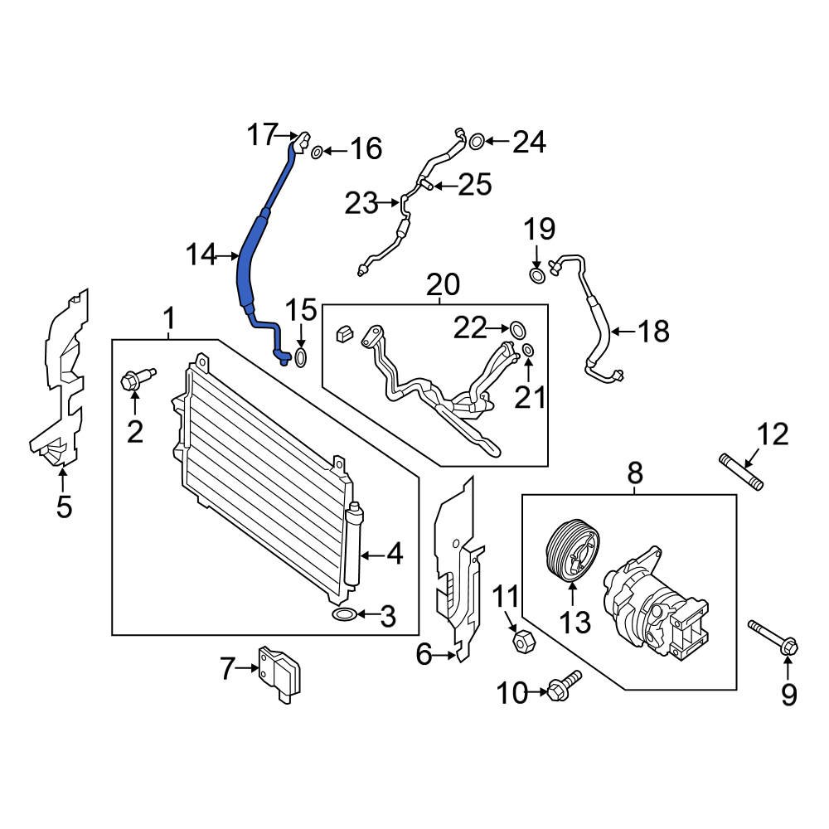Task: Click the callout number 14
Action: [201, 255]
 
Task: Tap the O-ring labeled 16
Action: [317, 151]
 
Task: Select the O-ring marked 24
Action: [477, 142]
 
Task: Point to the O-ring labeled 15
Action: [301, 359]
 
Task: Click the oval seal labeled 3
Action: [344, 614]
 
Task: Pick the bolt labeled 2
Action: [133, 381]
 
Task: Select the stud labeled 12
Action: [741, 472]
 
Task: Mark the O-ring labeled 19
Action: [538, 275]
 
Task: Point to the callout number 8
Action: [635, 473]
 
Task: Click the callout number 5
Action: [64, 507]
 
